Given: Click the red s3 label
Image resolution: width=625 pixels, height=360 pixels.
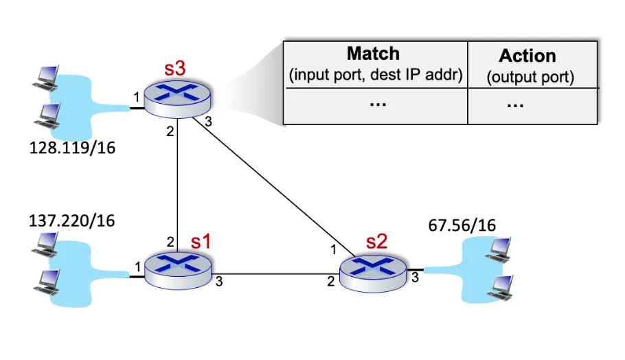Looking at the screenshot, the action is pos(175,68).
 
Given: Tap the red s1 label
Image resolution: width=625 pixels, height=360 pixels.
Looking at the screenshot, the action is pos(201,241).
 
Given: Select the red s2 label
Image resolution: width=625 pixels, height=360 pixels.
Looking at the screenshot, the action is pos(376,241).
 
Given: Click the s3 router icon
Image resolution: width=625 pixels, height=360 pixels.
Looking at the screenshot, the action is pos(177,99).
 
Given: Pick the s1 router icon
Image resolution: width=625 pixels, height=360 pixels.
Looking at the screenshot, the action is pos(178,271).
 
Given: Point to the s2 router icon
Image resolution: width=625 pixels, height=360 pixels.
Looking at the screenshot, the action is pos(373,274).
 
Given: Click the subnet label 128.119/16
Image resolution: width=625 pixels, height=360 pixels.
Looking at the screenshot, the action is pos(72,148).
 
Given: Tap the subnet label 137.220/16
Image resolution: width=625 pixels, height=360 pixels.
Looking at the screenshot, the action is pos(71,221).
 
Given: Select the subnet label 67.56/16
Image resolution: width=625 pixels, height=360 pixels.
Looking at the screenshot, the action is pos(462,225).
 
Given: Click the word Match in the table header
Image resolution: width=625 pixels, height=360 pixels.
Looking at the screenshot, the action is pos(373,54).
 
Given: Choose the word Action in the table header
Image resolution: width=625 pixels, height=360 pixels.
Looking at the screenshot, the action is pos(527,56).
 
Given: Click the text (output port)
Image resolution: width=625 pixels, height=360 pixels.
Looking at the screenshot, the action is pos(530,77).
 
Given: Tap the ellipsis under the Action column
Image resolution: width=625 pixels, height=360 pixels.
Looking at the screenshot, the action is pos(515,106).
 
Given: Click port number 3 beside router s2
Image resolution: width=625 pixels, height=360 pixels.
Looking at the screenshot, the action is pos(415,278).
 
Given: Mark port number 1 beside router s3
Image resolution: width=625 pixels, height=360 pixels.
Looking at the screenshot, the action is pos(136,97).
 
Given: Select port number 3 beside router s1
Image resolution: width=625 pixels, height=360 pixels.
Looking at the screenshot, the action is pos(219,282).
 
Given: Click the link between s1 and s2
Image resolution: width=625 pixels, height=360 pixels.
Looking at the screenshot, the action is pos(275,274).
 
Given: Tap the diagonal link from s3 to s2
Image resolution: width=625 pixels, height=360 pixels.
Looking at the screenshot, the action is pos(273,187).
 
